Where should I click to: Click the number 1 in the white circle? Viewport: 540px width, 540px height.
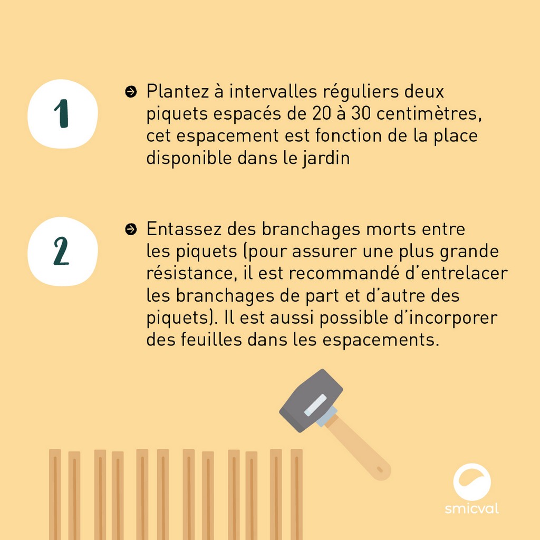62,113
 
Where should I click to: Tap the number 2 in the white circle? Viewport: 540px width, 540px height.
61,251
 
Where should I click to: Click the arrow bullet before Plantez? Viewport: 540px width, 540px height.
131,92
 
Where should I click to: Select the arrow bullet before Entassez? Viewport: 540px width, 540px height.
131,229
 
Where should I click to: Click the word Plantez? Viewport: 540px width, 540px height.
178,91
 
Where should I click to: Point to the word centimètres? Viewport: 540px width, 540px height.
429,114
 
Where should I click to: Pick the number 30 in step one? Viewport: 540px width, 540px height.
361,114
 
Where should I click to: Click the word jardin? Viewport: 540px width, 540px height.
326,159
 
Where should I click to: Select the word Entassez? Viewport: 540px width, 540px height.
184,229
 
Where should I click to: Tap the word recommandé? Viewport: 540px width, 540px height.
344,273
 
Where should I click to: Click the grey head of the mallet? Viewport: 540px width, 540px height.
311,400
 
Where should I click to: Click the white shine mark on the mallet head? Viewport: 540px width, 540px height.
315,405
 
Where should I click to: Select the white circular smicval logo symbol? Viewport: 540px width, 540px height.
472,482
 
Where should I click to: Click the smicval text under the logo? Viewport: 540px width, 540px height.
472,509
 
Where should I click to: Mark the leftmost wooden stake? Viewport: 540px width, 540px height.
55,495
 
